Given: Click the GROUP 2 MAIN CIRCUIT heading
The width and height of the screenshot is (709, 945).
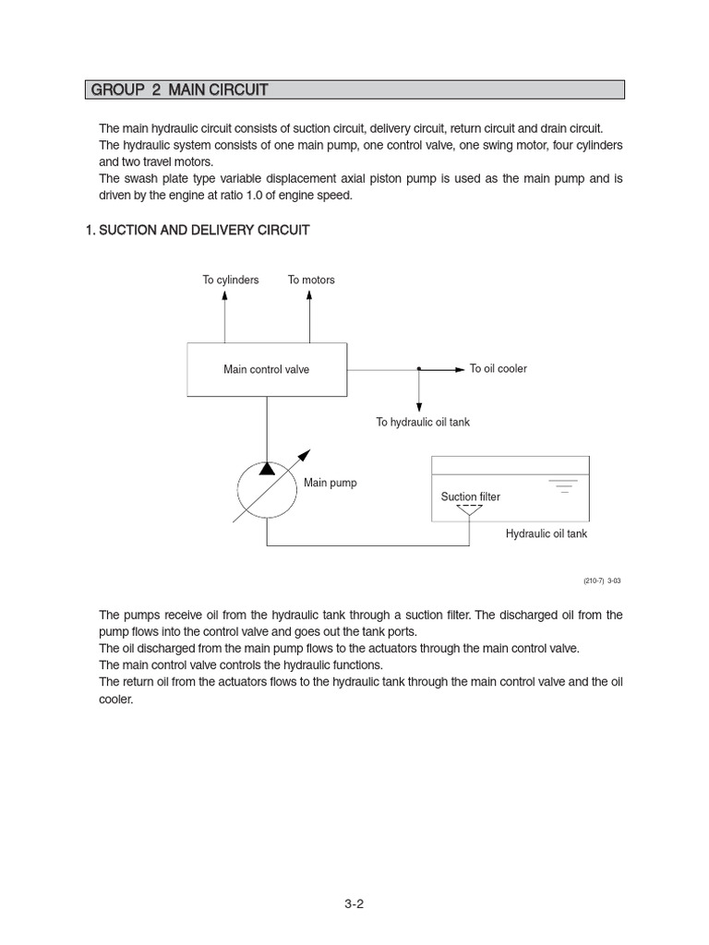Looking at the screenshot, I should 178,90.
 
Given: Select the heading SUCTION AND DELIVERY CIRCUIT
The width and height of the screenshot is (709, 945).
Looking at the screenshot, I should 197,230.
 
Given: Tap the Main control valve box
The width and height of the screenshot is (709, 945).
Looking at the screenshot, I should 267,369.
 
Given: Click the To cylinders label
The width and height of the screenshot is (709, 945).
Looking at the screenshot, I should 231,280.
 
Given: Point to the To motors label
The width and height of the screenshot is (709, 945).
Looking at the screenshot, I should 311,280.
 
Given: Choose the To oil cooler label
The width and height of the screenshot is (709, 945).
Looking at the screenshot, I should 498,368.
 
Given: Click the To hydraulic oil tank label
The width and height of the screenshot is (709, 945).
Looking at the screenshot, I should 422,422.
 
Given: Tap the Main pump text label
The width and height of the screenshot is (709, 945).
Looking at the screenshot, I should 330,483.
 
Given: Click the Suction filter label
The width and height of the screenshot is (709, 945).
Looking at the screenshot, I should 470,496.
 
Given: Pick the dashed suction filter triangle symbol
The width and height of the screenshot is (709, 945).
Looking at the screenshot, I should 470,508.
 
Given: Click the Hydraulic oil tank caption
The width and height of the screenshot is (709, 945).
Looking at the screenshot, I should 547,533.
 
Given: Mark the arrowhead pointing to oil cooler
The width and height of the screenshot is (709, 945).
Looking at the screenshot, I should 460,369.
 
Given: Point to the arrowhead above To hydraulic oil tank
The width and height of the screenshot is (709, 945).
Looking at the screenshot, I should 419,406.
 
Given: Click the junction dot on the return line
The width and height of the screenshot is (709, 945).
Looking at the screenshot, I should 419,369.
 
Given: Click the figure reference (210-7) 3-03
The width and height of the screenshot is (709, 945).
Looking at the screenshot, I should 602,580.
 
